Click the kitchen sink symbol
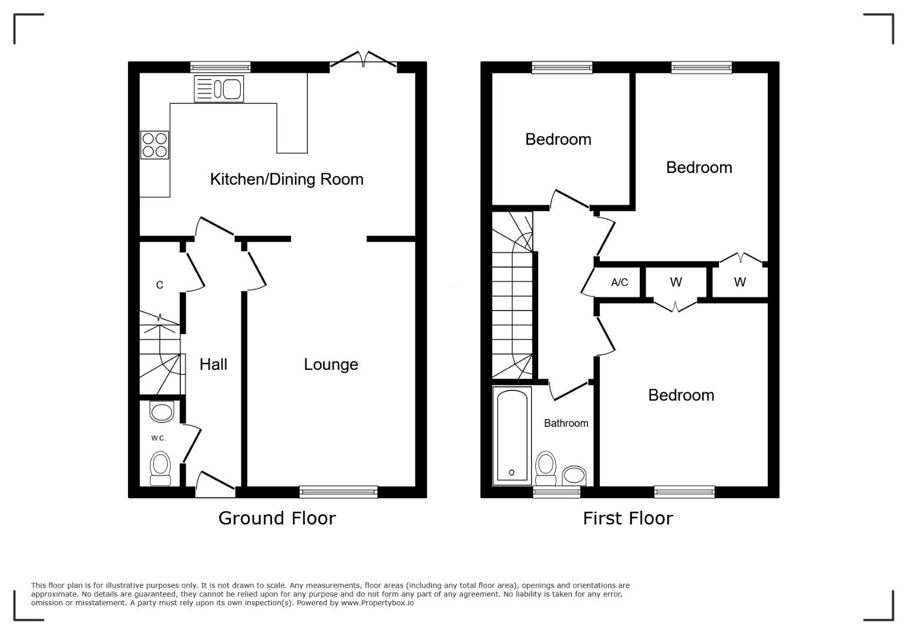[219, 89]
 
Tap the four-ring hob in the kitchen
[154, 145]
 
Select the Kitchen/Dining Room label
[287, 179]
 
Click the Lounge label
[331, 365]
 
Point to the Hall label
[213, 365]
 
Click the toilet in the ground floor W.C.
[160, 469]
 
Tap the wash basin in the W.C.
[162, 412]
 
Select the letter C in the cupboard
[160, 285]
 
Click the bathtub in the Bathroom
[512, 436]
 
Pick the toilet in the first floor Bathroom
[545, 468]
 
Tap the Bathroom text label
[566, 423]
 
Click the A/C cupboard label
[620, 282]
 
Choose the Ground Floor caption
[277, 518]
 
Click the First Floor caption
[627, 518]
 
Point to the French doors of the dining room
[363, 59]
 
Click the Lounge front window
[338, 491]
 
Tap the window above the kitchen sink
[221, 67]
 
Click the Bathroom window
[557, 491]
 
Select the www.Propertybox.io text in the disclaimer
[377, 603]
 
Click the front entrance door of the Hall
[216, 484]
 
